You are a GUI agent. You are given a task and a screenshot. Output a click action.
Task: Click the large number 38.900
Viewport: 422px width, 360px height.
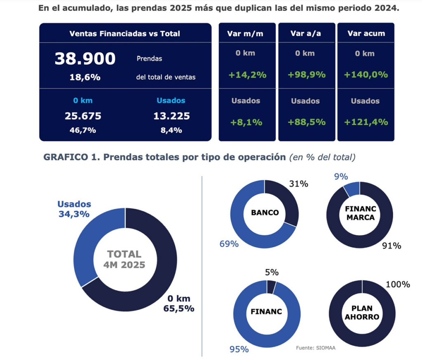pos(85,59)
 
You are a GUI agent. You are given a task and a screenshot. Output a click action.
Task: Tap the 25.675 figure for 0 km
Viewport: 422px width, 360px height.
pos(83,116)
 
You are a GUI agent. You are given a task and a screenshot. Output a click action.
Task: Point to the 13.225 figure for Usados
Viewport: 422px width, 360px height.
pos(171,116)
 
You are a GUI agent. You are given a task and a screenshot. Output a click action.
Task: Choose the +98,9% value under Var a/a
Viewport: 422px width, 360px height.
pos(305,75)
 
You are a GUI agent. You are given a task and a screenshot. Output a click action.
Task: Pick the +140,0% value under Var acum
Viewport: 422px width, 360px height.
pos(366,75)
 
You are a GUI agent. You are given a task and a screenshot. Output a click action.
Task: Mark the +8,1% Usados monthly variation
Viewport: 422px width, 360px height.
pos(246,122)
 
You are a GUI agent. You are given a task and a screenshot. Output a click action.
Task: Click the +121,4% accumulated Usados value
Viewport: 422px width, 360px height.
pos(366,122)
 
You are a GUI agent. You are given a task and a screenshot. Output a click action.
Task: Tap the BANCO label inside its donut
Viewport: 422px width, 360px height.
pos(265,213)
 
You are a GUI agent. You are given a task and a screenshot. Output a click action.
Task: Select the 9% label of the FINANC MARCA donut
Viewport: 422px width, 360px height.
pos(341,177)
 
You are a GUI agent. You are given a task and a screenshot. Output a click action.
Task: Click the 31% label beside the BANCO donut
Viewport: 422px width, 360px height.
pos(298,184)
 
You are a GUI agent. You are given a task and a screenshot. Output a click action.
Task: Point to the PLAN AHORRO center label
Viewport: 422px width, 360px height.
pos(362,313)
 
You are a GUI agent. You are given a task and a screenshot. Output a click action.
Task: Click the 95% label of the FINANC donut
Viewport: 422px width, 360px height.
pos(239,349)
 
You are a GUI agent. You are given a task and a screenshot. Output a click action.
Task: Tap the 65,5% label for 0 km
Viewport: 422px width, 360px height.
pos(178,308)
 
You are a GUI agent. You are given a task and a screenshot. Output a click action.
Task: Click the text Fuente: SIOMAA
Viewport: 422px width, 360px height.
pos(315,348)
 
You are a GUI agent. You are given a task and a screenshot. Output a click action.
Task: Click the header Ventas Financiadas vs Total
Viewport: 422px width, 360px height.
pos(124,34)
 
